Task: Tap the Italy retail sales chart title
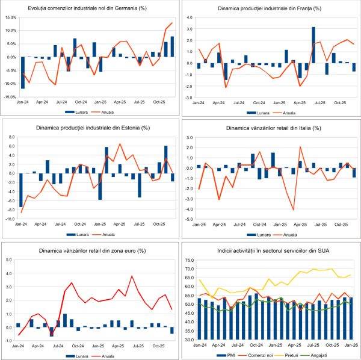[x=270, y=128]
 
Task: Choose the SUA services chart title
[x=270, y=250]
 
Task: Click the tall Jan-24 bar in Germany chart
[x=23, y=73]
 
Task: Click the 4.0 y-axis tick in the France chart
[x=188, y=18]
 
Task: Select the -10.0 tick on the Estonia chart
[x=10, y=219]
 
